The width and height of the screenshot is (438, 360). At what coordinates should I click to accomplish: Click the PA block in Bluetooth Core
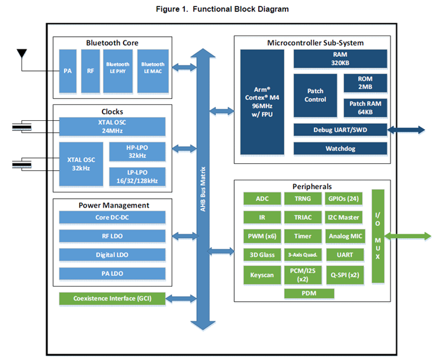[68, 71]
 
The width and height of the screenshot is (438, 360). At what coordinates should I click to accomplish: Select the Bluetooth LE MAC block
[153, 71]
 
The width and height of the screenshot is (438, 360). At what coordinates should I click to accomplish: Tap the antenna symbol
[22, 53]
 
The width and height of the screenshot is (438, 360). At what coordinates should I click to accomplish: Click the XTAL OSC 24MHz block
[112, 127]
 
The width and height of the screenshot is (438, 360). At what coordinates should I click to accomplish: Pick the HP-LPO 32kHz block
[137, 152]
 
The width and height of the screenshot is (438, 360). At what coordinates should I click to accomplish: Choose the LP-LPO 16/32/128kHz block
[137, 177]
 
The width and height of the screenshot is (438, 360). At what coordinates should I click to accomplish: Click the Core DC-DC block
[112, 217]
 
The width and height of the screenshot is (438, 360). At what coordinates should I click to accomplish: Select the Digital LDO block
[112, 255]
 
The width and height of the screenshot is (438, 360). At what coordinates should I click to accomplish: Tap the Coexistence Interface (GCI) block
[112, 299]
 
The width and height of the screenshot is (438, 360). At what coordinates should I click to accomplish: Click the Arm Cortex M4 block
[262, 102]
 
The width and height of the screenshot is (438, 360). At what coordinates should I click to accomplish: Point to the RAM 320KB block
[341, 59]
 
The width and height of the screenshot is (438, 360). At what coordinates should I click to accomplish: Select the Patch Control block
[315, 96]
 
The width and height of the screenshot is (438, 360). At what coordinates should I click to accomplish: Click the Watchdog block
[341, 148]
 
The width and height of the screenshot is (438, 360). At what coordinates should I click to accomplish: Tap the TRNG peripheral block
[303, 199]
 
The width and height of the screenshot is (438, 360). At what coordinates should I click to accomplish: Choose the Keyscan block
[262, 275]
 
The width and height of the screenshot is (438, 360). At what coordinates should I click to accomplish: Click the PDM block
[309, 293]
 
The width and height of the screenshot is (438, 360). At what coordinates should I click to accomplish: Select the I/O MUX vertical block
[378, 236]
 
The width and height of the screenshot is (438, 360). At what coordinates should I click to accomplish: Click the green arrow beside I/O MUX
[408, 236]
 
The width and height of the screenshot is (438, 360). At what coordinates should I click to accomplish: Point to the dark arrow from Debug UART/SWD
[406, 130]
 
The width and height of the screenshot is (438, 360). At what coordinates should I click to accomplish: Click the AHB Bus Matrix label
[203, 189]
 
